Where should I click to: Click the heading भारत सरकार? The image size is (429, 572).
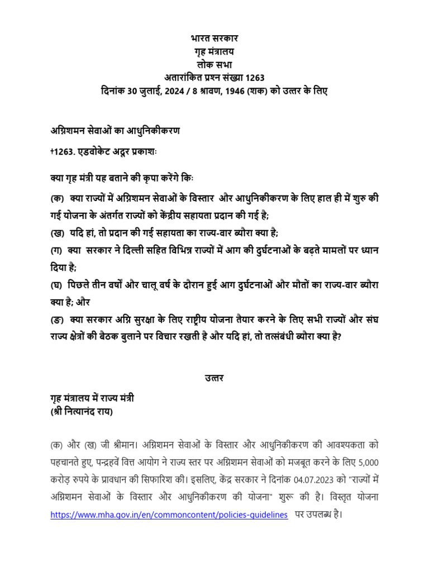tap(214, 39)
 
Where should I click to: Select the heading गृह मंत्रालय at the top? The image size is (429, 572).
tap(214, 52)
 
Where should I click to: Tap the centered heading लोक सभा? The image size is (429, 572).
tap(214, 65)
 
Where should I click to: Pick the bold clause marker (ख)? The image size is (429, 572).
tap(56, 232)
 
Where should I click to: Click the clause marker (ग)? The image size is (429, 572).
tap(55, 252)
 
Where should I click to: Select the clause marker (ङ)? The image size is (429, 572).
tap(56, 320)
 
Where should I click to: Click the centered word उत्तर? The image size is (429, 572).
tap(214, 378)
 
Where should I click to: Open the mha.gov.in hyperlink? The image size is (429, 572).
tap(169, 515)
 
